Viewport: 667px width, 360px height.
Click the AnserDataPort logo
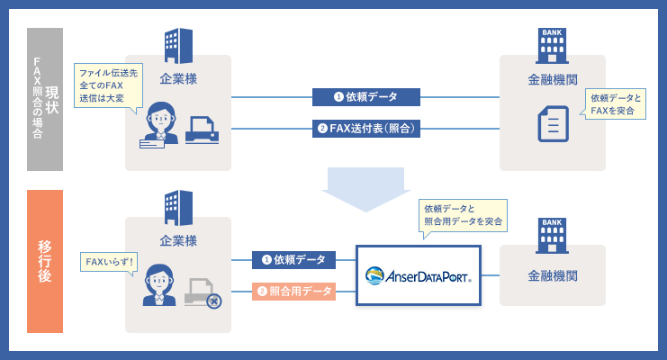tap(419, 274)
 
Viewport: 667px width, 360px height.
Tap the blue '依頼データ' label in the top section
tap(366, 96)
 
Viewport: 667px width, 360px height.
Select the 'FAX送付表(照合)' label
tap(366, 128)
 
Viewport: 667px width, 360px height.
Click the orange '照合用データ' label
tap(294, 291)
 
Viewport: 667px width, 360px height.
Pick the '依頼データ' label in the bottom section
tap(294, 260)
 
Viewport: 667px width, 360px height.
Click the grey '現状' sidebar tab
tap(45, 99)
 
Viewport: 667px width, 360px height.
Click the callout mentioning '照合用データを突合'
tap(463, 214)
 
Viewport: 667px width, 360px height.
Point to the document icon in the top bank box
tap(553, 123)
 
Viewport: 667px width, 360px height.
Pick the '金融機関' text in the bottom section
tap(553, 274)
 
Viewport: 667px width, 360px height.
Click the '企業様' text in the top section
tap(178, 78)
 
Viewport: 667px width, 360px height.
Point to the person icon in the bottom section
tap(159, 284)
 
